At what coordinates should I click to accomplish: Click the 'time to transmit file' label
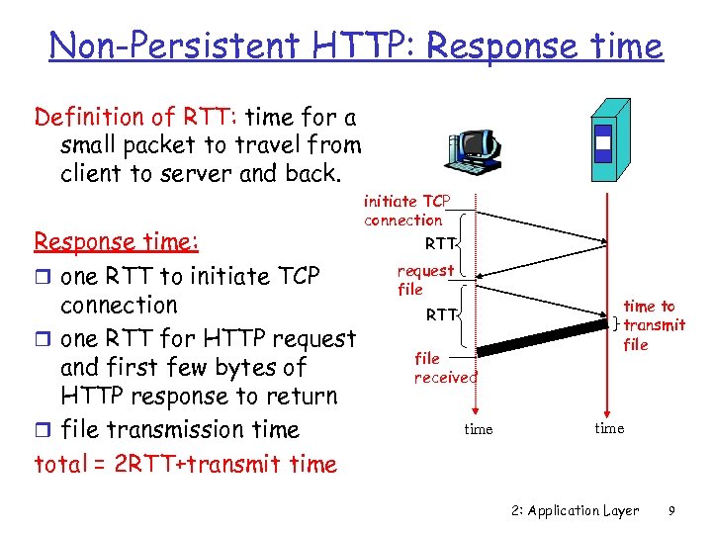point(652,325)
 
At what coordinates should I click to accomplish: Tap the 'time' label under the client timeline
point(479,429)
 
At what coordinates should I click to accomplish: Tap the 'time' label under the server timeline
point(609,427)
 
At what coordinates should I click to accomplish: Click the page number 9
point(671,511)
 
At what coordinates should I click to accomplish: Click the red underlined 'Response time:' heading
point(117,241)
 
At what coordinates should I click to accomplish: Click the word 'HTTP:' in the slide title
point(355,45)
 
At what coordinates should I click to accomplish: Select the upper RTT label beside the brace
point(440,243)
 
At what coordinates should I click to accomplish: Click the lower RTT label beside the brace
point(441,315)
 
